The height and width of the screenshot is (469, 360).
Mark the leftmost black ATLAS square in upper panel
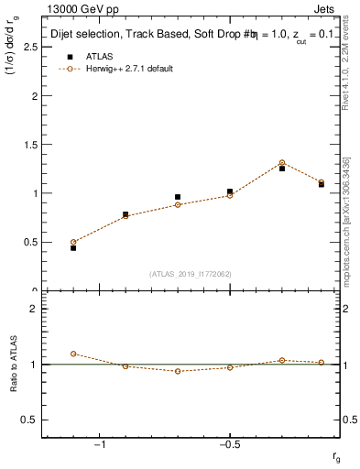click(73, 247)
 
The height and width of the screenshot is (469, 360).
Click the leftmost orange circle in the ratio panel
click(73, 354)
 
